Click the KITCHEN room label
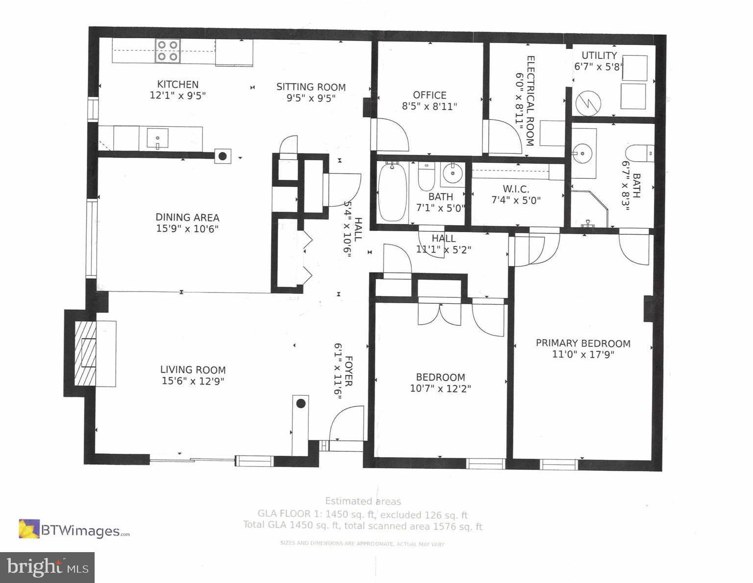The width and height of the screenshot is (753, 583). tap(177, 84)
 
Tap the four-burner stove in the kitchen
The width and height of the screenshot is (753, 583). tap(168, 51)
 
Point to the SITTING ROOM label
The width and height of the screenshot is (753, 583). tap(311, 87)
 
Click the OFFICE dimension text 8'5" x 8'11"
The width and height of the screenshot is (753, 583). tap(429, 106)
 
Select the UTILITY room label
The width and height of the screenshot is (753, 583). tap(599, 55)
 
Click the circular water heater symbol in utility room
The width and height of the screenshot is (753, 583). tap(587, 102)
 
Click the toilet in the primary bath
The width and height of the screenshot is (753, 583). tap(640, 153)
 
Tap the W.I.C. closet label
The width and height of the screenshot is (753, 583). tap(516, 189)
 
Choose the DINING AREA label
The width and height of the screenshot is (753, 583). tap(187, 217)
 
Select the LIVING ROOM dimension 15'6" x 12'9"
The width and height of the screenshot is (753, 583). tap(193, 381)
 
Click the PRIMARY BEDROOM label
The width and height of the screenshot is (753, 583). tap(583, 343)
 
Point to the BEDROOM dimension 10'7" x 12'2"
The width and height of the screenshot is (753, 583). tap(440, 389)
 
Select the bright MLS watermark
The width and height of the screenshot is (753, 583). tap(47, 567)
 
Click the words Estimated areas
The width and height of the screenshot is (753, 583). tap(363, 501)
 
